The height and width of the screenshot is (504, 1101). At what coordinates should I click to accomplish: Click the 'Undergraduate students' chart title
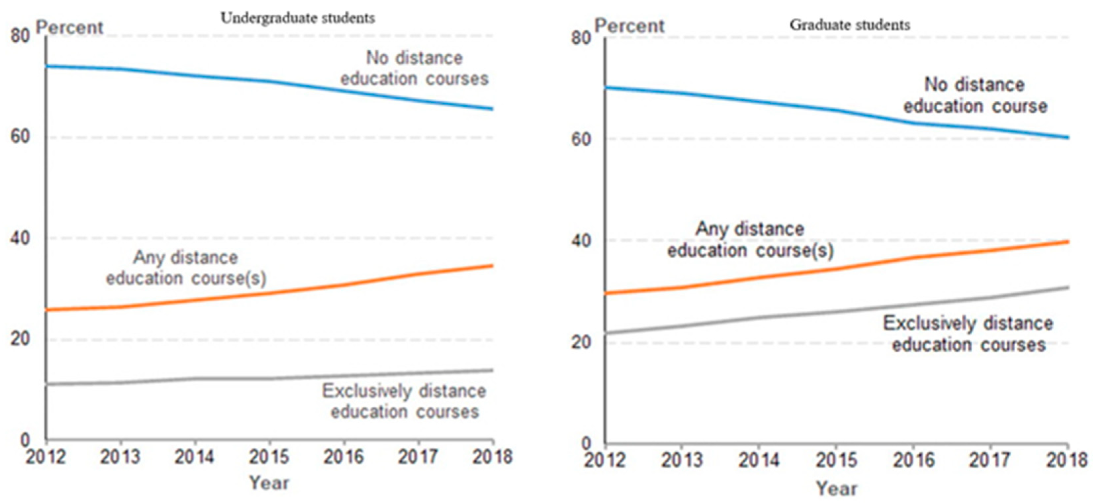pyautogui.click(x=297, y=18)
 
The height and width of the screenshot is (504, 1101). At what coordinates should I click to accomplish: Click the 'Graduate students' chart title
pyautogui.click(x=849, y=25)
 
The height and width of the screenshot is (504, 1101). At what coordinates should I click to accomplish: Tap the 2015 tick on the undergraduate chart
pyautogui.click(x=269, y=457)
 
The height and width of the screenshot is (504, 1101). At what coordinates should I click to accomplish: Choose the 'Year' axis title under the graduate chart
pyautogui.click(x=836, y=488)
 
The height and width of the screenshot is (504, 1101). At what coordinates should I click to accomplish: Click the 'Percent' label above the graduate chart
pyautogui.click(x=629, y=26)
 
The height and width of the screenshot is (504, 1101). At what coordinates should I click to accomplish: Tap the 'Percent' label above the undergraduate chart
pyautogui.click(x=69, y=28)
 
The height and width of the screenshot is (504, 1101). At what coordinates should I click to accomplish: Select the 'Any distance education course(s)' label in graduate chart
pyautogui.click(x=751, y=240)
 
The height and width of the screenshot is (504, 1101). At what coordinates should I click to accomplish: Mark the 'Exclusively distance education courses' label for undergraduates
pyautogui.click(x=404, y=401)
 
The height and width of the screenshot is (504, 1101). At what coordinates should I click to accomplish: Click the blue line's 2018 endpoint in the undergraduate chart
pyautogui.click(x=492, y=109)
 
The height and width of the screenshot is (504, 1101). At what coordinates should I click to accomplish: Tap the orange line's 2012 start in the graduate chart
pyautogui.click(x=607, y=293)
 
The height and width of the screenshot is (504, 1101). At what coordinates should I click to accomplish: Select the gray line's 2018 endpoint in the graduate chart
pyautogui.click(x=1068, y=287)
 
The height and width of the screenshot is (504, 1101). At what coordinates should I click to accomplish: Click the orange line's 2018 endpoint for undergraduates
pyautogui.click(x=492, y=266)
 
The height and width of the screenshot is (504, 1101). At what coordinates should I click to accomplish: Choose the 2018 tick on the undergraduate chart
pyautogui.click(x=492, y=457)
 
